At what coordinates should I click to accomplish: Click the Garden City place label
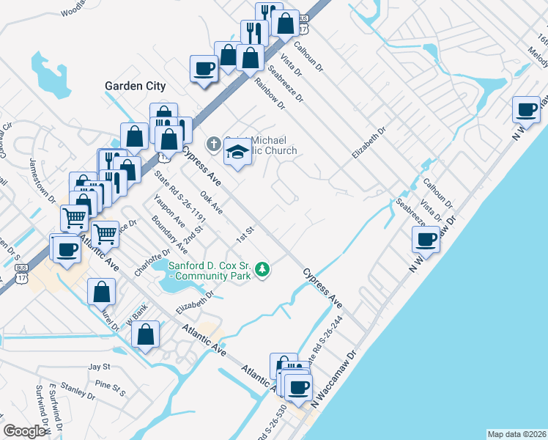[135, 86]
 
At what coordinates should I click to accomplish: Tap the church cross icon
[213, 143]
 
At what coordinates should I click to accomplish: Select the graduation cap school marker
[237, 152]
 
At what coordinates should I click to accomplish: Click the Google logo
[23, 432]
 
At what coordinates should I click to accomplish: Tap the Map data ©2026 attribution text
[516, 434]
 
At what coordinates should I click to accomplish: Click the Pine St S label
[111, 387]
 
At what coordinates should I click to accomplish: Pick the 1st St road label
[245, 235]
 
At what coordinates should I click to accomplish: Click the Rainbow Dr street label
[270, 95]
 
